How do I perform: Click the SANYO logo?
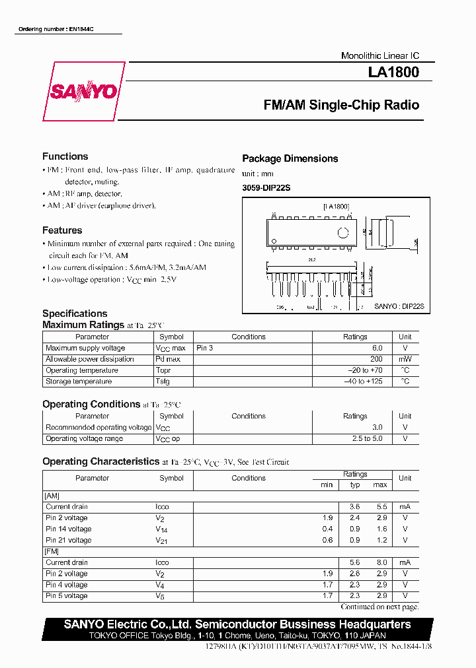pyautogui.click(x=83, y=92)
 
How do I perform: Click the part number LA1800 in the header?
pyautogui.click(x=393, y=73)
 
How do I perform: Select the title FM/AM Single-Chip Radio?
pyautogui.click(x=340, y=105)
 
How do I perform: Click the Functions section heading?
pyautogui.click(x=65, y=156)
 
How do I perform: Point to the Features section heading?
pyautogui.click(x=62, y=230)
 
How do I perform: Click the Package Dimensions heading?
pyautogui.click(x=290, y=158)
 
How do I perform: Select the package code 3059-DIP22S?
pyautogui.click(x=266, y=188)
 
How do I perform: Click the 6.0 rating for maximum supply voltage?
pyautogui.click(x=377, y=348)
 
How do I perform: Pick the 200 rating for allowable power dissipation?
pyautogui.click(x=376, y=359)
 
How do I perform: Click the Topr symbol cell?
pyautogui.click(x=163, y=370)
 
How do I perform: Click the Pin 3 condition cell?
pyautogui.click(x=205, y=348)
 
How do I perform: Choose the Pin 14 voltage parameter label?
pyautogui.click(x=69, y=529)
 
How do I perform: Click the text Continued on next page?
pyautogui.click(x=379, y=607)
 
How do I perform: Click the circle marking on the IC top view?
pyautogui.click(x=342, y=232)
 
